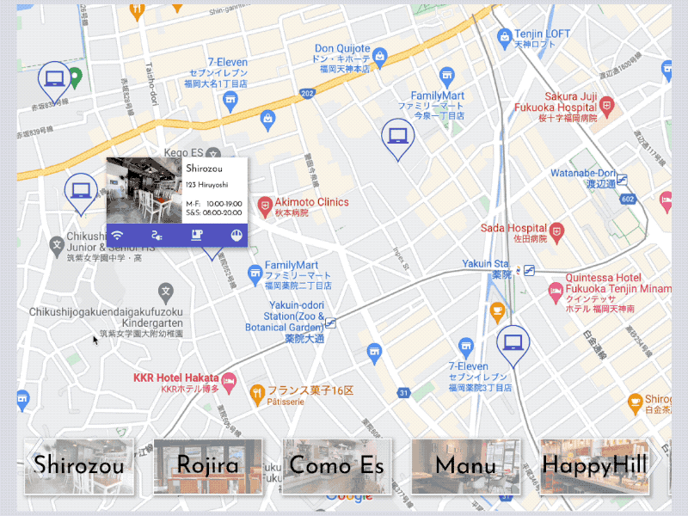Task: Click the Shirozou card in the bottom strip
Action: (x=79, y=466)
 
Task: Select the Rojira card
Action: (x=208, y=466)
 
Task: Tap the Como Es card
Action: (x=336, y=466)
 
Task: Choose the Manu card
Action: (x=465, y=466)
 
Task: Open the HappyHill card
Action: (x=594, y=466)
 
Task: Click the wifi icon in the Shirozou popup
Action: (x=118, y=234)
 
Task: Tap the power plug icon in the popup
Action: (x=157, y=234)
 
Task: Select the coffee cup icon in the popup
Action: (x=196, y=234)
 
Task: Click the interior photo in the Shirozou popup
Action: (x=144, y=190)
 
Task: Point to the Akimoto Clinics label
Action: (x=311, y=203)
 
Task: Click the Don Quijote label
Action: (x=342, y=49)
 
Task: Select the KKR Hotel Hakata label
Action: (x=176, y=378)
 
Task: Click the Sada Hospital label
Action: (x=514, y=229)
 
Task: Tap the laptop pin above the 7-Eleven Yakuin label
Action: (x=513, y=342)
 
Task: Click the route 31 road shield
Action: (x=403, y=393)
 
